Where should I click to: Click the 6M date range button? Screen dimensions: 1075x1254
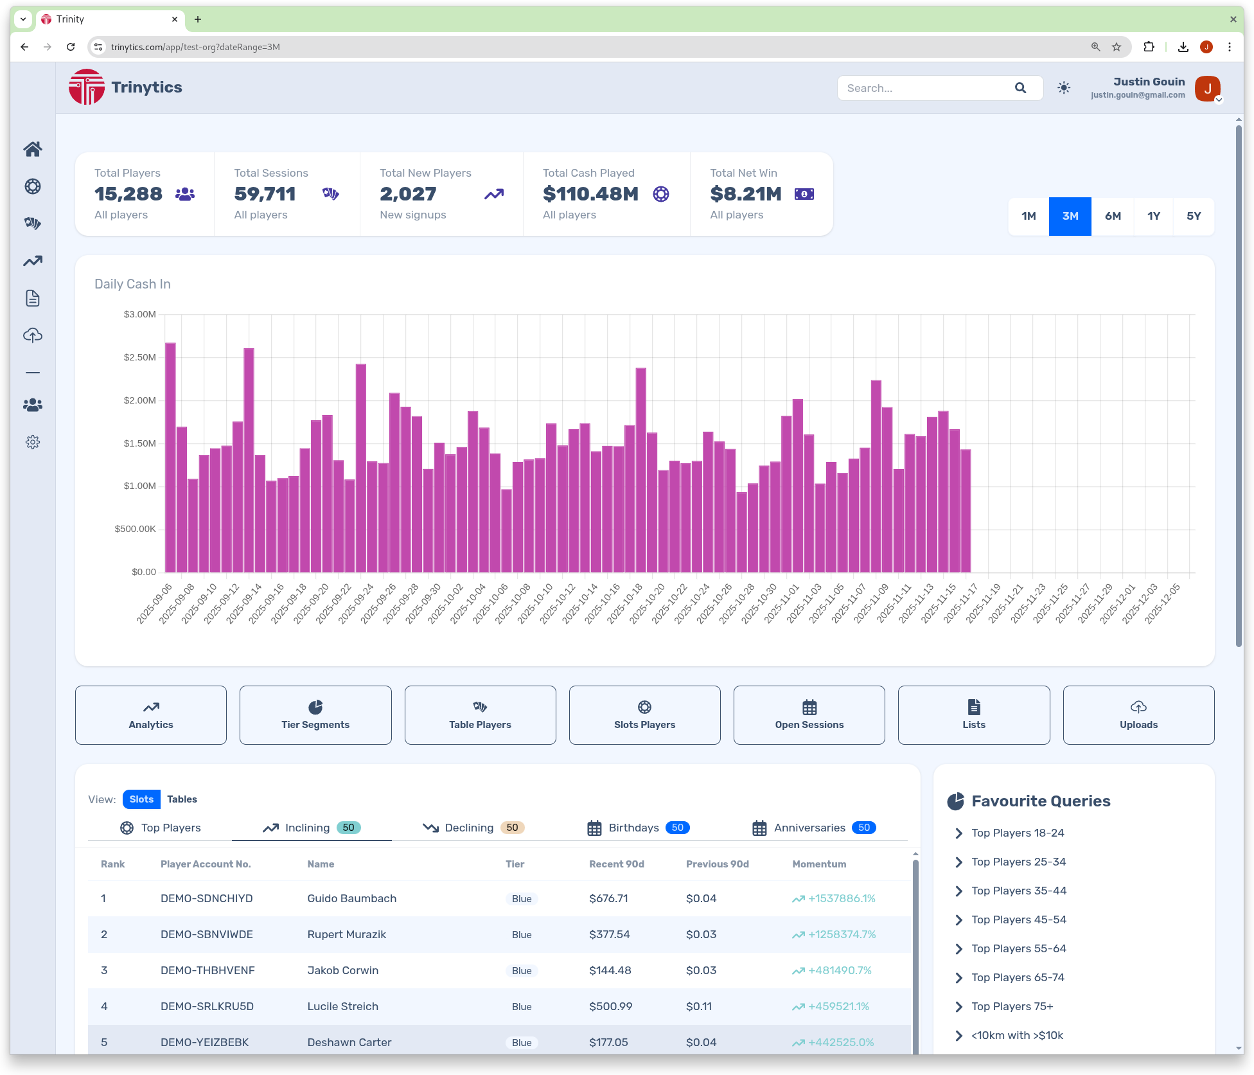[x=1113, y=217]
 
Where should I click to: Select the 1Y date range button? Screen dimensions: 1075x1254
[x=1154, y=217]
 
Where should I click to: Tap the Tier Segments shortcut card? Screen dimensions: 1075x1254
[x=315, y=715]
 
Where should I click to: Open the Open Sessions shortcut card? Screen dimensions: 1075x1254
[x=809, y=715]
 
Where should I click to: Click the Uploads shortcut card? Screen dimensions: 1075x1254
[x=1138, y=715]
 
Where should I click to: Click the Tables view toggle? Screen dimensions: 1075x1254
[x=182, y=799]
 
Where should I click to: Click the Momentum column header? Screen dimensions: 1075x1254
[x=819, y=864]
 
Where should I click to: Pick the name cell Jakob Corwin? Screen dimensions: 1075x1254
[x=343, y=970]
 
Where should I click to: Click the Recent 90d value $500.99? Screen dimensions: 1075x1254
[x=610, y=1006]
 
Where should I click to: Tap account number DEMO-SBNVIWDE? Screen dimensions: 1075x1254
[x=207, y=934]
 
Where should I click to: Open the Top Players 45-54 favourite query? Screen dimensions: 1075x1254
[x=1019, y=920]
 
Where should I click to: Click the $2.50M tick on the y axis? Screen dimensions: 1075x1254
[x=139, y=357]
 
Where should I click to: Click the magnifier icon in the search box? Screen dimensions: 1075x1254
[x=1020, y=88]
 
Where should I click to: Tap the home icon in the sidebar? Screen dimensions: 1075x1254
[x=33, y=149]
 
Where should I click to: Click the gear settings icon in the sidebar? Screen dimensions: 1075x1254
[x=33, y=442]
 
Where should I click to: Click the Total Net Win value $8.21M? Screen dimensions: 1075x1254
[x=746, y=194]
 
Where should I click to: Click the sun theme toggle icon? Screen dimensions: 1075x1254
[x=1064, y=88]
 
